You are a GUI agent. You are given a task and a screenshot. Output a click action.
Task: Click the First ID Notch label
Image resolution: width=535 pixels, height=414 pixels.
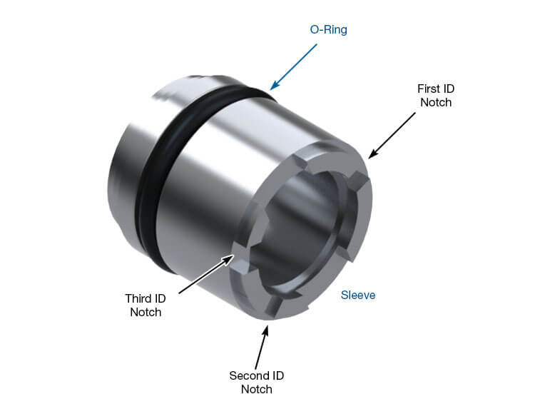coord(435,96)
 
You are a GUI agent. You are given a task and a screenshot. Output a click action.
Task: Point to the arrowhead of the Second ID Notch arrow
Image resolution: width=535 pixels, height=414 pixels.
coord(268,325)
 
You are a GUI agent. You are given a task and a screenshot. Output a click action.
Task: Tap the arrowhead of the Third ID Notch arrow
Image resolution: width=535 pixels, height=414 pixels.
coord(236,251)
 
